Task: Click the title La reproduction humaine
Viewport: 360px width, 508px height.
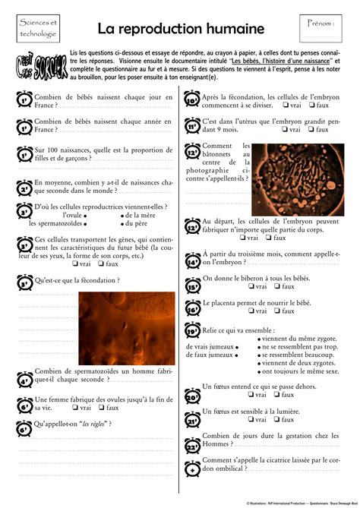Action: (180, 28)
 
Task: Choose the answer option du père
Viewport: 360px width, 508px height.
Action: (136, 223)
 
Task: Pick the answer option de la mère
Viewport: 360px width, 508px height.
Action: (140, 215)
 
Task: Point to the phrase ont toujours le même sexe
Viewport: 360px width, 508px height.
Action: (300, 372)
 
